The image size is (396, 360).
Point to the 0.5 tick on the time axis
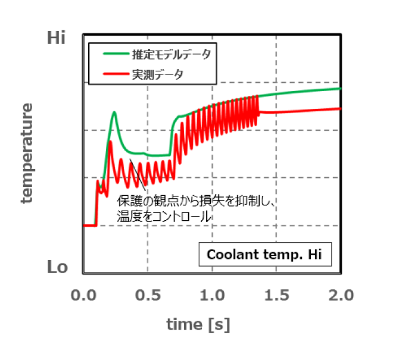pyautogui.click(x=147, y=295)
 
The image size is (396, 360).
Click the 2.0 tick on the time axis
pyautogui.click(x=340, y=295)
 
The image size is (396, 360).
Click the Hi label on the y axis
pyautogui.click(x=57, y=38)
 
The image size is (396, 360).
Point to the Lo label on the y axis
pyautogui.click(x=58, y=267)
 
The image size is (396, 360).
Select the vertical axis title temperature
pyautogui.click(x=27, y=154)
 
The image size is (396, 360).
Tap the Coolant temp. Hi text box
pyautogui.click(x=264, y=255)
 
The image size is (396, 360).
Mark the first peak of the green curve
pyautogui.click(x=114, y=112)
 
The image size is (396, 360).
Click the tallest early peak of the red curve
pyautogui.click(x=110, y=142)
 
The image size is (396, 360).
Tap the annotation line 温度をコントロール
pyautogui.click(x=164, y=217)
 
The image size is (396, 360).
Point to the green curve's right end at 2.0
pyautogui.click(x=340, y=89)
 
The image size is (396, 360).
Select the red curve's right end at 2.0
pyautogui.click(x=340, y=108)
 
